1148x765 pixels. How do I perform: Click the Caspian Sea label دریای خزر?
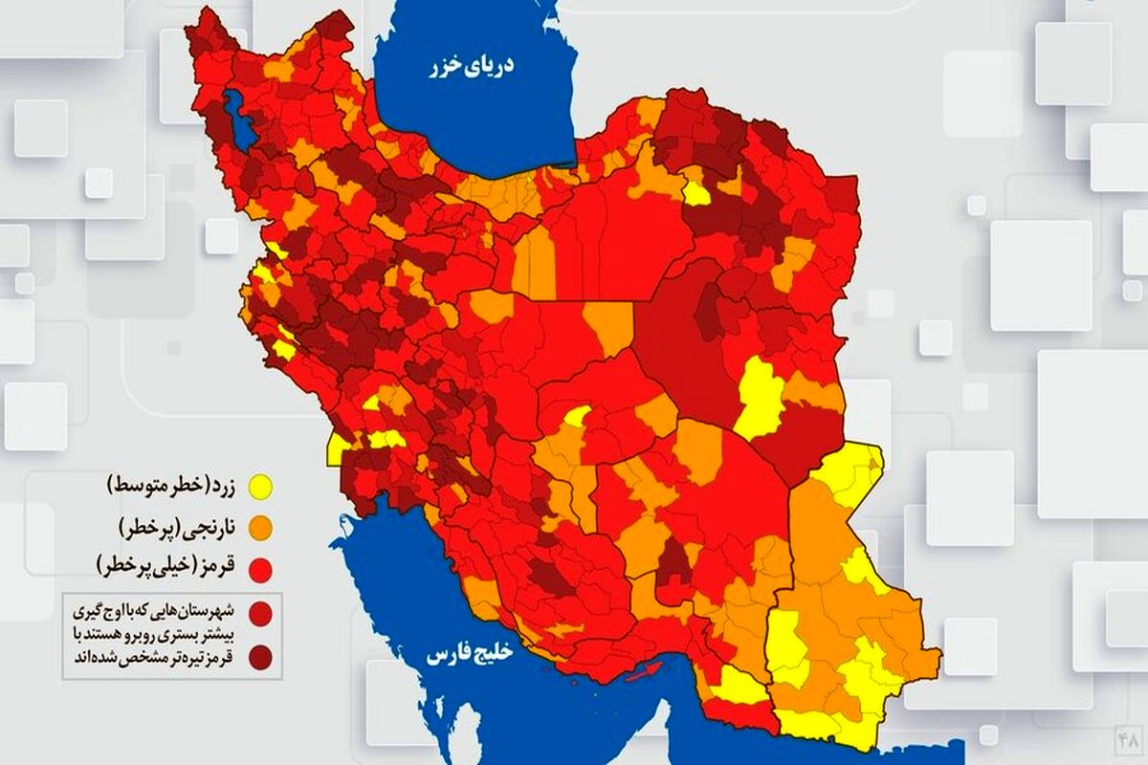(472, 65)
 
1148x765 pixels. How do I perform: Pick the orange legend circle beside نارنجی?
(259, 527)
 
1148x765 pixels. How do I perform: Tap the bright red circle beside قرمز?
(259, 568)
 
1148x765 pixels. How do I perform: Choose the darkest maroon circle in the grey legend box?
(259, 656)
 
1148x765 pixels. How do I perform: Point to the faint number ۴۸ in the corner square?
(1128, 740)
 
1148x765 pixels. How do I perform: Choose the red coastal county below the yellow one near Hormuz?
(740, 712)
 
